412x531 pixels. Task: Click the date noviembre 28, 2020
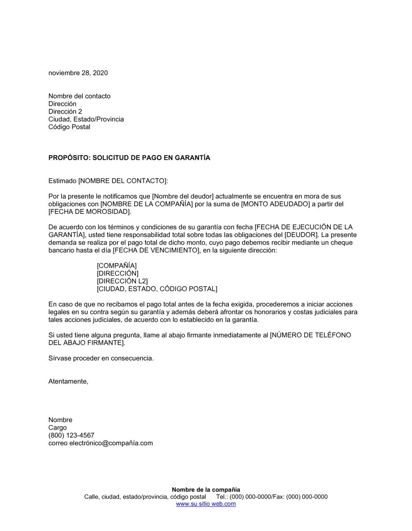78,73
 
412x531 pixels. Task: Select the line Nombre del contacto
79,96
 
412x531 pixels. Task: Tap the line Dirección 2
65,112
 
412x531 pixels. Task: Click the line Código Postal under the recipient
69,127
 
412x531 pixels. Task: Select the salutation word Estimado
62,181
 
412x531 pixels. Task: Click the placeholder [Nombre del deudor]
183,196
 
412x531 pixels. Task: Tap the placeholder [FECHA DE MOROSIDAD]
90,212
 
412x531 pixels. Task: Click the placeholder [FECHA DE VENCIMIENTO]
156,250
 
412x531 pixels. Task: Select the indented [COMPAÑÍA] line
117,266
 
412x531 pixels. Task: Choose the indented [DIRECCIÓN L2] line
122,281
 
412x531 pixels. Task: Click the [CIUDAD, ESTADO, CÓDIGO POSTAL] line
157,289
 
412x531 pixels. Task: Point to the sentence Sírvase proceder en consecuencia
101,358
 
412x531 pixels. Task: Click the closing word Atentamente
68,381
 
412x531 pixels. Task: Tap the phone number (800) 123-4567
71,435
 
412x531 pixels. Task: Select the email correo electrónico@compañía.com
101,443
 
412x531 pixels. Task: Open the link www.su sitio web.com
206,504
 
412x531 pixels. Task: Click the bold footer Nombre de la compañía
206,490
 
